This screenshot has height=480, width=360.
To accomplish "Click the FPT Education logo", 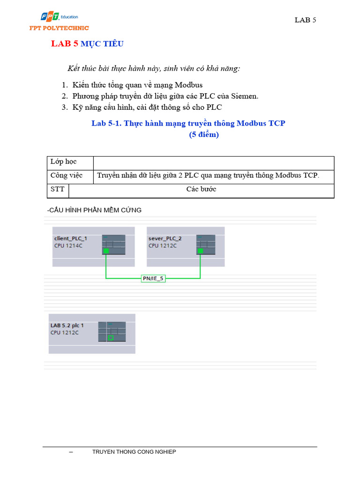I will pyautogui.click(x=59, y=18).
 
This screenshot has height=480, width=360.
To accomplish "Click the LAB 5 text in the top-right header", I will pyautogui.click(x=305, y=20).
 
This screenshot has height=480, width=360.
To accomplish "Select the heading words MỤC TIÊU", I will pyautogui.click(x=102, y=44).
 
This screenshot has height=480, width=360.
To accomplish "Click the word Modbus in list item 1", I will pyautogui.click(x=188, y=85).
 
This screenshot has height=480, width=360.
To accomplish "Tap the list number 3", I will pyautogui.click(x=65, y=107).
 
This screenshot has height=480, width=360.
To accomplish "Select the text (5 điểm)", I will pyautogui.click(x=204, y=135).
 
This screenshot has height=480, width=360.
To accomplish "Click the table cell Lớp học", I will pyautogui.click(x=63, y=162).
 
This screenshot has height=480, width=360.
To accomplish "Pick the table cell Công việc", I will pyautogui.click(x=67, y=175).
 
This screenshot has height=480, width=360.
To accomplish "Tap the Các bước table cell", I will pyautogui.click(x=201, y=189).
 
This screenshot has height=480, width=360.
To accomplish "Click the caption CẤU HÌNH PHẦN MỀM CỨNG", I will pyautogui.click(x=94, y=210).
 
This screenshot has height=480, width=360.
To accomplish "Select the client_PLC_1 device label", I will pyautogui.click(x=70, y=238).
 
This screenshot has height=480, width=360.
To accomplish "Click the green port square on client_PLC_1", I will pyautogui.click(x=106, y=251).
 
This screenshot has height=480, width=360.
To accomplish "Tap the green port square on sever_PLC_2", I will pyautogui.click(x=200, y=251).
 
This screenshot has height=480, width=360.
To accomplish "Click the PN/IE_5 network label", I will pyautogui.click(x=153, y=278).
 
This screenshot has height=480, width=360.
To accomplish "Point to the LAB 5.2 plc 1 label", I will pyautogui.click(x=67, y=325).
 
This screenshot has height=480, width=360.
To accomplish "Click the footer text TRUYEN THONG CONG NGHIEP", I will pyautogui.click(x=134, y=452).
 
